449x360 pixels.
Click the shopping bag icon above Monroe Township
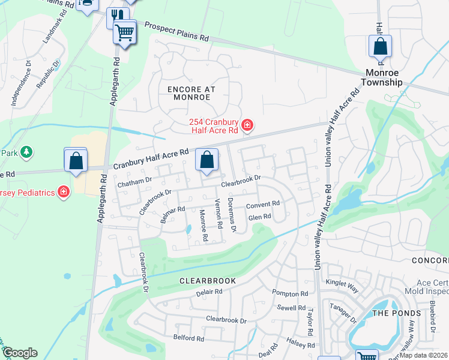[380, 46]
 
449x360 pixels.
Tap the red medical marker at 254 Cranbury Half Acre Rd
[247, 125]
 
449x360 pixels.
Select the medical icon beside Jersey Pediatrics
[64, 192]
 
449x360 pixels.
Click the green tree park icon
[26, 152]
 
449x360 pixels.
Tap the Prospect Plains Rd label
[176, 31]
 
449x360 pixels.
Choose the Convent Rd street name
[263, 204]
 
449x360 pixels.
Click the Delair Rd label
[209, 292]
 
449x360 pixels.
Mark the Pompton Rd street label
[290, 294]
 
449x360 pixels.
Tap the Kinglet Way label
[342, 286]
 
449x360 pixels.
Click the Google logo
[20, 353]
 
